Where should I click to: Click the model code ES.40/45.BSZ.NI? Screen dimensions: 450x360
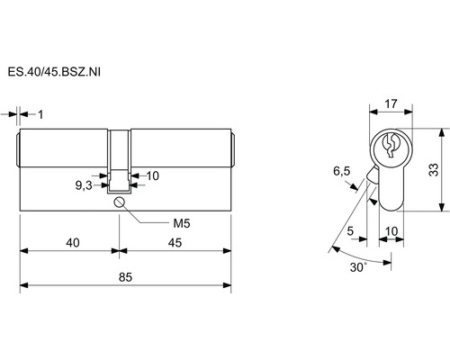(x=54, y=72)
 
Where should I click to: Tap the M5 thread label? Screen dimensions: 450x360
(x=182, y=223)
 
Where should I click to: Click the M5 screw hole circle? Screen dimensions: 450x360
(x=119, y=202)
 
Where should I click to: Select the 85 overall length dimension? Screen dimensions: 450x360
(x=125, y=277)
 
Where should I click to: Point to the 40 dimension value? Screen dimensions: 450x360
(x=73, y=243)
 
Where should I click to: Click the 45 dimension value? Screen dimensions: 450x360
(x=175, y=243)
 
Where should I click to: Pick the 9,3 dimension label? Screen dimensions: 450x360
(x=84, y=186)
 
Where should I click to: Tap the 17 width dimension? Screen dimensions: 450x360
(x=391, y=103)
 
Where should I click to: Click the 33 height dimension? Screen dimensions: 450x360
(x=434, y=170)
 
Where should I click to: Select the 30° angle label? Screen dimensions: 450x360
(x=358, y=267)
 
